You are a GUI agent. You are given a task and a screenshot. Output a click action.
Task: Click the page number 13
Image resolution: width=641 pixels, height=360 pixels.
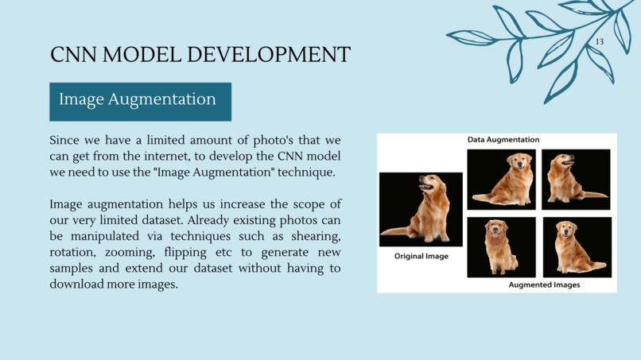(x=599, y=41)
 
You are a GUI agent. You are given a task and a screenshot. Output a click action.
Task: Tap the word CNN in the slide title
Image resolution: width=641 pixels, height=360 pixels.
(x=74, y=55)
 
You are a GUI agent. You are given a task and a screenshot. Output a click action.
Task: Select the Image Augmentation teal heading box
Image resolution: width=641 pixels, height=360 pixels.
(x=140, y=101)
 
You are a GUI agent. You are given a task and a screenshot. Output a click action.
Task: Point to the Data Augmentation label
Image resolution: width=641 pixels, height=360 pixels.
(x=503, y=140)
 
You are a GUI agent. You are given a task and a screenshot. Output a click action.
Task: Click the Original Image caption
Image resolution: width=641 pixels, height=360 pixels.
(x=421, y=257)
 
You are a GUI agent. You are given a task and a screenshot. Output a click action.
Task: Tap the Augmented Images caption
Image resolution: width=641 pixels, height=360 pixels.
(x=544, y=285)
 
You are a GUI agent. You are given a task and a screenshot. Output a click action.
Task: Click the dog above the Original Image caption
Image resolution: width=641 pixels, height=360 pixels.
(x=420, y=208)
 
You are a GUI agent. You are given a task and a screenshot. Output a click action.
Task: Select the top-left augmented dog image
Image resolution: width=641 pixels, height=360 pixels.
(x=501, y=179)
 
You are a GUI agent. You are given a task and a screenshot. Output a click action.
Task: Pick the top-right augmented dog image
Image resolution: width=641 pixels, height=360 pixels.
(x=576, y=179)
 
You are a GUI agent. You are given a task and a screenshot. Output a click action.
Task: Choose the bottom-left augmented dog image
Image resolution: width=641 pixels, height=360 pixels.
(x=501, y=247)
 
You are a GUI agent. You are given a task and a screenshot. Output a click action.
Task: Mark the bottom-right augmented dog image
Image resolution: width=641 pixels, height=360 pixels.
(x=577, y=247)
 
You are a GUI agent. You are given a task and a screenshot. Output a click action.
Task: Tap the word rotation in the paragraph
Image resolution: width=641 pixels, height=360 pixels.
(x=74, y=252)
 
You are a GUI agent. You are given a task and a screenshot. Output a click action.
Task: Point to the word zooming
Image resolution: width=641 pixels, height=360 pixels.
(x=131, y=252)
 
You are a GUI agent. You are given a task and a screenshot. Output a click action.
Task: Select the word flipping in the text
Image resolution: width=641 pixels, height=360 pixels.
(x=190, y=252)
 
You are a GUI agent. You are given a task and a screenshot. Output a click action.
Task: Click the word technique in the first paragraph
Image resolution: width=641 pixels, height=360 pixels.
(x=305, y=172)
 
